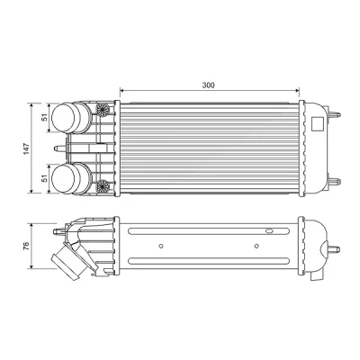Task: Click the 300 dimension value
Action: coord(208,85)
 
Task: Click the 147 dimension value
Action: coord(26,148)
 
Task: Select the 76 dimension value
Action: coord(26,246)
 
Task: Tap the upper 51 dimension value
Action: coord(45,117)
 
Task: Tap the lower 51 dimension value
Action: coord(45,179)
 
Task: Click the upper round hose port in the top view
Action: coord(71,118)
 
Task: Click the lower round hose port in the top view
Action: coord(71,179)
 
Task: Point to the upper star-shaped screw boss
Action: coord(103,110)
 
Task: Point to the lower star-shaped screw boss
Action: coord(103,186)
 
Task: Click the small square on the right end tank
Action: coord(318,123)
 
